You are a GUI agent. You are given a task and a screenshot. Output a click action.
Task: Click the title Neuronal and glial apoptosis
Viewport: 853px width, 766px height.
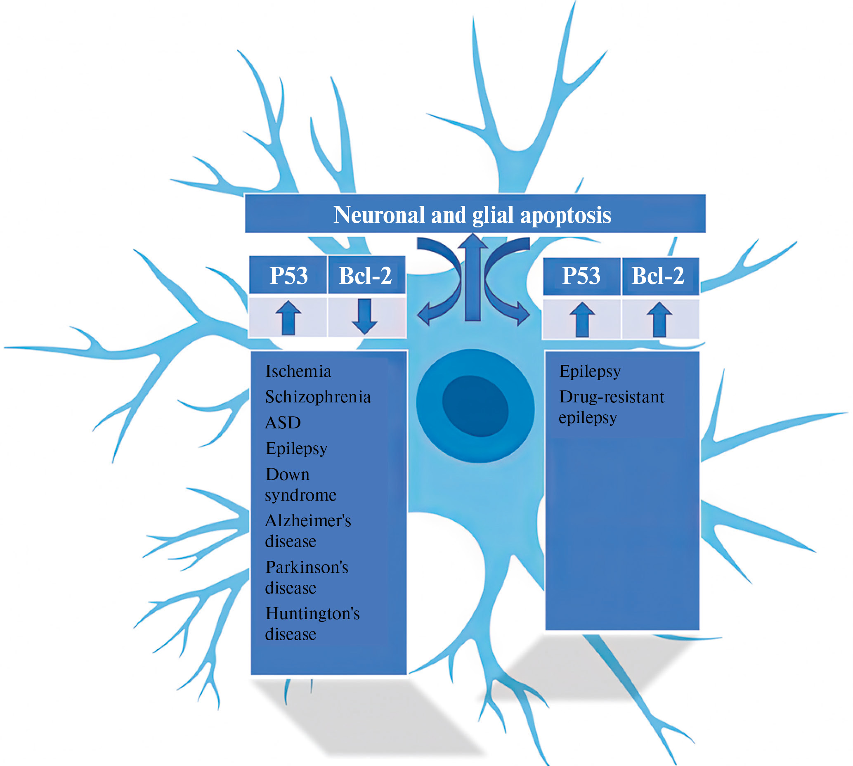472,215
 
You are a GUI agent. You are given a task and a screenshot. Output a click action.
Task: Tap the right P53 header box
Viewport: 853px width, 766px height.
581,276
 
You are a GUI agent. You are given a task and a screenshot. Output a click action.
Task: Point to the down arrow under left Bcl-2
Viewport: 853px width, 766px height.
364,317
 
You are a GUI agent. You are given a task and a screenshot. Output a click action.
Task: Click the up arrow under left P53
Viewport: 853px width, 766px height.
288,317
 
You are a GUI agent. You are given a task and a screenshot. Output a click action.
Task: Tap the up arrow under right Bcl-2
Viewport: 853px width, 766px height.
659,319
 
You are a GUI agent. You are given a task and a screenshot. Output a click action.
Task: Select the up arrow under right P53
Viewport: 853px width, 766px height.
582,319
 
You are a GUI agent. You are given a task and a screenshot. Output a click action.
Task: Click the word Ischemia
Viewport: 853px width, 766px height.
298,371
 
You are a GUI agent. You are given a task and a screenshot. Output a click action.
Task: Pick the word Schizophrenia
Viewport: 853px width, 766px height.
318,397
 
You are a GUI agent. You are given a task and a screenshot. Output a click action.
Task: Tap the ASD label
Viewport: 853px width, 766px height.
283,423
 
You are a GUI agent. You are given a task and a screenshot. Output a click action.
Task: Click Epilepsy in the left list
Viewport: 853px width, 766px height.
296,449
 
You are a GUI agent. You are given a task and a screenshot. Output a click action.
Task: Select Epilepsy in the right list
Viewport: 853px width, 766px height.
590,371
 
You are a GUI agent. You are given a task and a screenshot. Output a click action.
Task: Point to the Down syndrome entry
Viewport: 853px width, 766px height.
300,485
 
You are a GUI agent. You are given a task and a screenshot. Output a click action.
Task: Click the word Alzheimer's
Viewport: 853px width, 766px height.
307,520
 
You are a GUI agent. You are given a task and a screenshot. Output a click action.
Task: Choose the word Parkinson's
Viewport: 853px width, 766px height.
307,567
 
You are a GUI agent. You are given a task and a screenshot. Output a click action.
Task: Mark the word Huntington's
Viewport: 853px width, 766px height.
312,614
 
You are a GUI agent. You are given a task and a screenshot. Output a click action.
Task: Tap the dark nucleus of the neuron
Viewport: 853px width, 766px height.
475,406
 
